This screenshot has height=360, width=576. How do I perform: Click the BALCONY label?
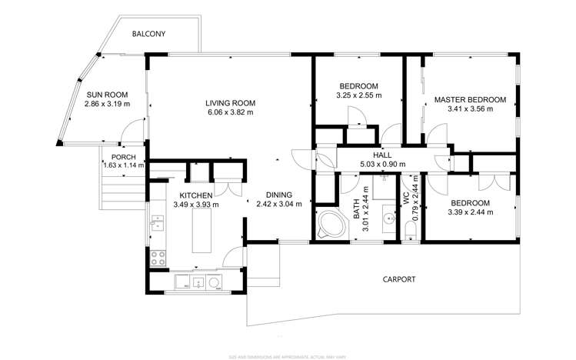tap(148, 35)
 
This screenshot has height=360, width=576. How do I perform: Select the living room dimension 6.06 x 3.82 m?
tap(230, 112)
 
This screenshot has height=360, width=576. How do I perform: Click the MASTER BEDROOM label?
tap(470, 99)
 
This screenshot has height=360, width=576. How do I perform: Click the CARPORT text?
tap(399, 279)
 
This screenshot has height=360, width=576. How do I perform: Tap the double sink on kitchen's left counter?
tap(158, 225)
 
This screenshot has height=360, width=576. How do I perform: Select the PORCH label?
tap(124, 157)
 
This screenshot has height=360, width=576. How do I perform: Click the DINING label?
tap(278, 195)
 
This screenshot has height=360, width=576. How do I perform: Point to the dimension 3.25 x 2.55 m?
tap(359, 95)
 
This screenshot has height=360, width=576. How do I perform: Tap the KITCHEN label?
tap(196, 195)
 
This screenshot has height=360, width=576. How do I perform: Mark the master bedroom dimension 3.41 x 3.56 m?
tap(470, 109)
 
